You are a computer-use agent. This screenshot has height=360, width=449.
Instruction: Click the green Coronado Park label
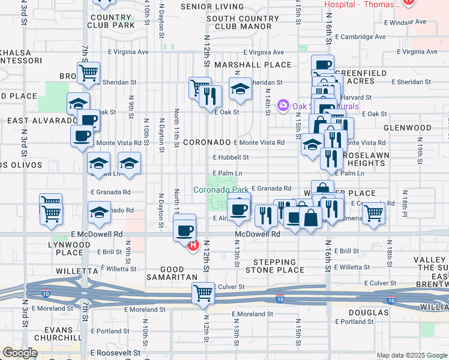coord(220,190)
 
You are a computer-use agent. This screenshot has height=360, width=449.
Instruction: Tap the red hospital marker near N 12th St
coord(193,245)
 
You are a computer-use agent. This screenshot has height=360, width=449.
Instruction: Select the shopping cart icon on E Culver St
coord(203,293)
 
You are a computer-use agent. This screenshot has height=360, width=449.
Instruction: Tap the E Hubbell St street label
coord(231,157)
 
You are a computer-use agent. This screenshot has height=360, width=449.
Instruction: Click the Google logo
coord(20,353)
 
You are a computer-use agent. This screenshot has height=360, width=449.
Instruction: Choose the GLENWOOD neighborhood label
coord(408,128)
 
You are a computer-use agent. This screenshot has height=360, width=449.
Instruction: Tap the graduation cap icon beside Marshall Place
coord(240,89)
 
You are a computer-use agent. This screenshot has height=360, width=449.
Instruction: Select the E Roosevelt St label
coord(115,353)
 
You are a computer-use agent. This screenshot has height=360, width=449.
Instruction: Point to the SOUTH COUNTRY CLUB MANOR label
coord(243,22)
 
